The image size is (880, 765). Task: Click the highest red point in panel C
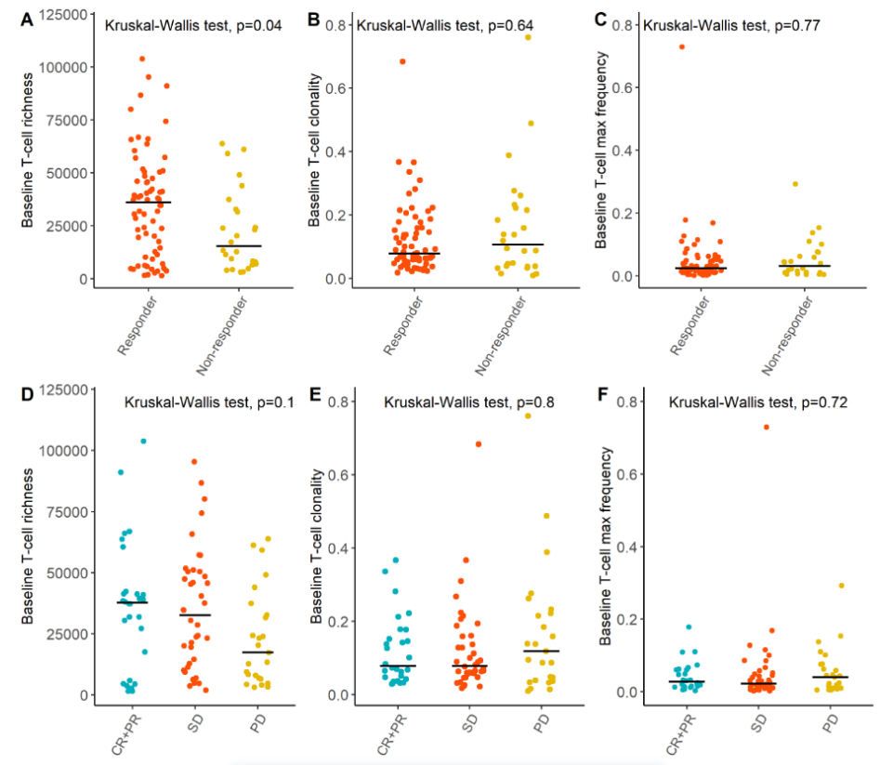682,46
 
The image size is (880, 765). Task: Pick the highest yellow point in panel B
528,37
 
